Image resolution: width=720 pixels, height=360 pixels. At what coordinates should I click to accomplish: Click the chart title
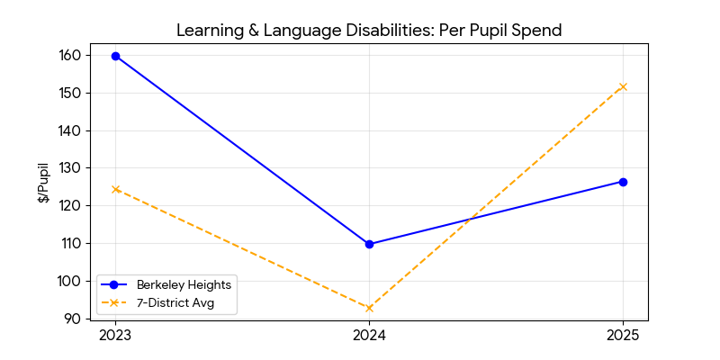[369, 31]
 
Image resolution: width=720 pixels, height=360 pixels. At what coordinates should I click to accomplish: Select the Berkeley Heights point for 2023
[115, 56]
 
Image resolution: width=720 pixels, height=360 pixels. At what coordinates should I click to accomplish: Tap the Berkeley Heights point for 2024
[369, 244]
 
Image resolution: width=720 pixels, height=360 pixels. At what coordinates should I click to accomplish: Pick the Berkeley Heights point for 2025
[623, 182]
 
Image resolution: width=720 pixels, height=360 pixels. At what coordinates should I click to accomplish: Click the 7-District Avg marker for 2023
[115, 189]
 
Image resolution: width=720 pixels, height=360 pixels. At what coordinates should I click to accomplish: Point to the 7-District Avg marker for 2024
[369, 308]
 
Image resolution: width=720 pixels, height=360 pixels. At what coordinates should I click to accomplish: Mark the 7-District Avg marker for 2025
[623, 86]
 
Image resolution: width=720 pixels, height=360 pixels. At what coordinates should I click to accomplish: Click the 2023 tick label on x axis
[115, 336]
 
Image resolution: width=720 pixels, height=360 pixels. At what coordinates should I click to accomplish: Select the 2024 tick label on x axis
[369, 336]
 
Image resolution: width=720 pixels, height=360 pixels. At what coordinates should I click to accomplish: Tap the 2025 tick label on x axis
[623, 336]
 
